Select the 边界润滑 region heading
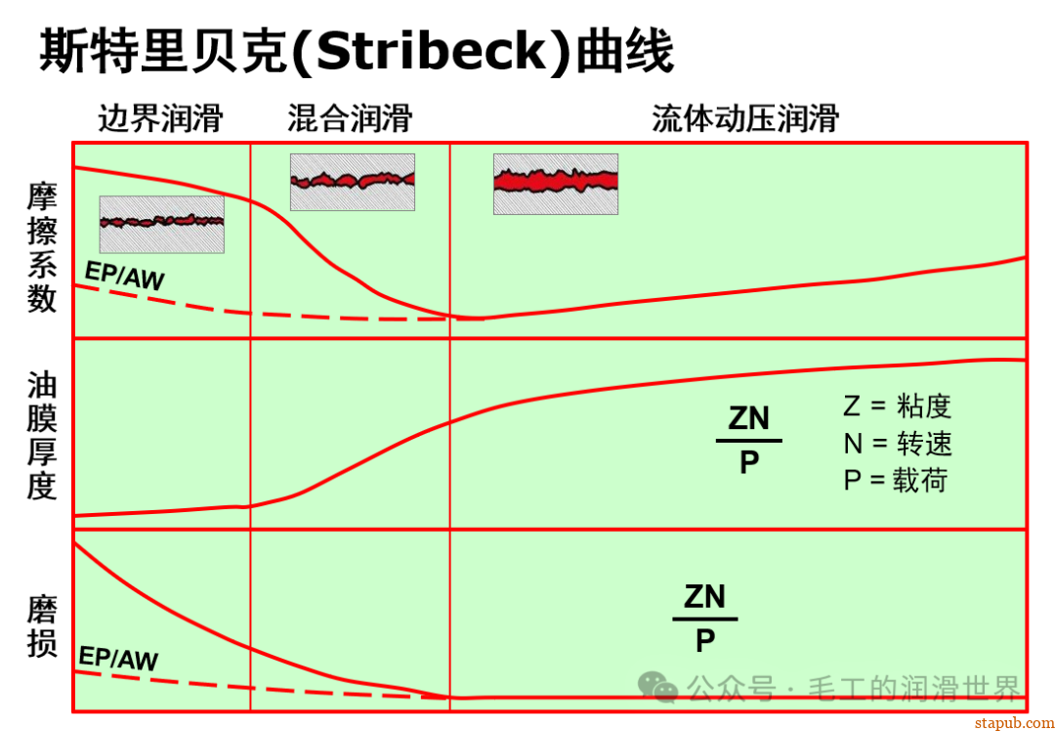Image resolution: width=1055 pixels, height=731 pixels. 160,119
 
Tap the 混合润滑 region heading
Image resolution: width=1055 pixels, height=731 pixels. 350,119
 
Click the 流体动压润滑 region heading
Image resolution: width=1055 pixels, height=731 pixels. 745,119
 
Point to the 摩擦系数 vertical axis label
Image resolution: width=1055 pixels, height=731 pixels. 42,247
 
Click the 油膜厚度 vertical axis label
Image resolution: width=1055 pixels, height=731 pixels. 42,436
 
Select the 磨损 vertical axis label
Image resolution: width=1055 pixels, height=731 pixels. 42,628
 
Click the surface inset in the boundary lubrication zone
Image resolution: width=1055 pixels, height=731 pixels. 161,224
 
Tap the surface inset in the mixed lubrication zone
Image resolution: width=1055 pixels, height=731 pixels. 352,182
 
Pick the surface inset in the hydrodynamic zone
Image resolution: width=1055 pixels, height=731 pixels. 555,184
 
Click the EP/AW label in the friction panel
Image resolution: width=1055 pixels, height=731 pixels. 124,278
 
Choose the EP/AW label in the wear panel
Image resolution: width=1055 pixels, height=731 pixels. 117,659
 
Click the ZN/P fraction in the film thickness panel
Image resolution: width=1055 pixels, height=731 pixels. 748,440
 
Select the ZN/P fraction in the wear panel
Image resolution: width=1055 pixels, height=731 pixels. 704,618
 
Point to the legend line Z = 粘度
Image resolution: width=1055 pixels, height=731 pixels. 897,407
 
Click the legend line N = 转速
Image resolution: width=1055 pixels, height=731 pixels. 897,444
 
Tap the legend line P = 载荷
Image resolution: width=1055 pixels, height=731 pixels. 895,480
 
